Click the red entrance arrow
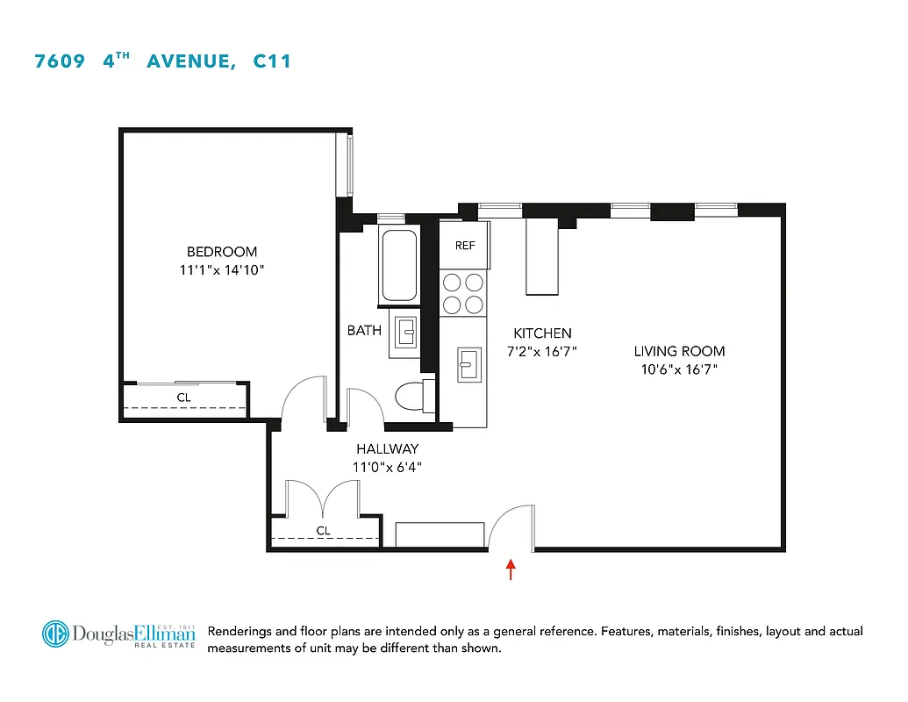[x=511, y=569]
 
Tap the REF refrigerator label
[x=465, y=246]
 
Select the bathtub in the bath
[x=399, y=265]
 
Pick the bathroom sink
[x=406, y=334]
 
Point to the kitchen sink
[x=468, y=363]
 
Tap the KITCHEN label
[x=542, y=333]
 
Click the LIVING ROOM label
[x=680, y=351]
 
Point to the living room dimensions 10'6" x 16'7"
[x=680, y=369]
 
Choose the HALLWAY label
[x=387, y=449]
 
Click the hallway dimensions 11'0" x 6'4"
[x=387, y=468]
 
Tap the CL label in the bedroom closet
[x=183, y=398]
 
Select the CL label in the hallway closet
[x=324, y=531]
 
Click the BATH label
[x=364, y=331]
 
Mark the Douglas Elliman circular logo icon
[x=56, y=634]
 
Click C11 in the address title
[x=272, y=61]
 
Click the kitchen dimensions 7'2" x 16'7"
[x=542, y=352]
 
